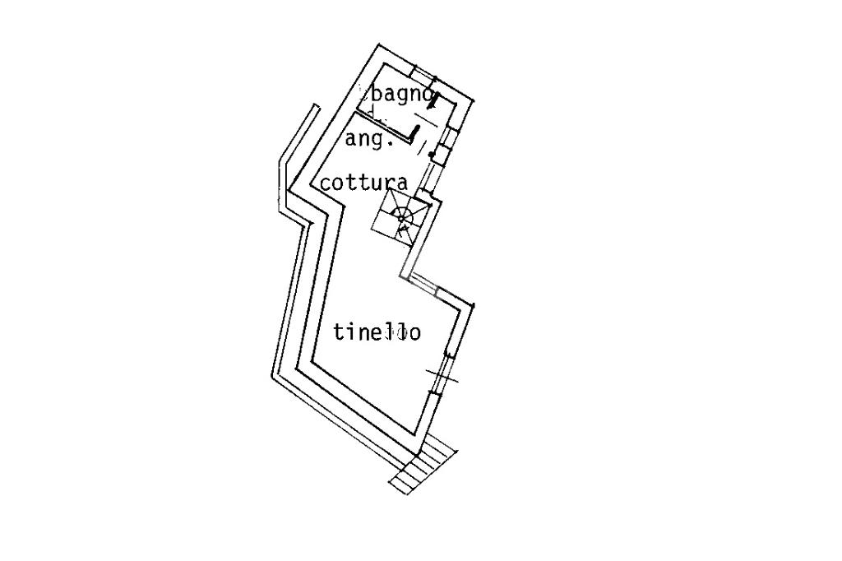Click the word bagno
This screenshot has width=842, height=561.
401,95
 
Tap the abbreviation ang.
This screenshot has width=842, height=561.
369,140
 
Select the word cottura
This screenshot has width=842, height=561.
364,183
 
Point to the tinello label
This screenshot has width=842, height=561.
377,331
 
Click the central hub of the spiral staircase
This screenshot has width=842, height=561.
400,217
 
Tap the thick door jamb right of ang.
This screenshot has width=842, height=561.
415,132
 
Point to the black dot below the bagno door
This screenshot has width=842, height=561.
431,154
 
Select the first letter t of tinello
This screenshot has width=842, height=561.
340,332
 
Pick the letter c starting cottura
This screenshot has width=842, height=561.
326,183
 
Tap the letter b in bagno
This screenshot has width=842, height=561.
377,95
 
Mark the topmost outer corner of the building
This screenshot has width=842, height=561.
380,45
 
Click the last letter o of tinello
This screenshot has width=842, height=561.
414,334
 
